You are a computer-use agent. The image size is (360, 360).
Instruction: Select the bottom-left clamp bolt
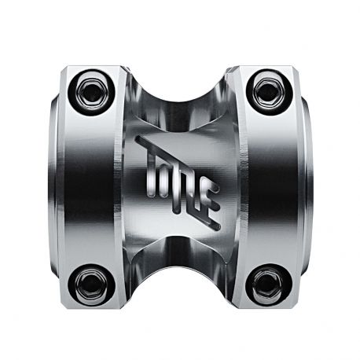click(x=90, y=285)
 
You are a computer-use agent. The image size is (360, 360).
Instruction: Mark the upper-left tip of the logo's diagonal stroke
click(x=139, y=140)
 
